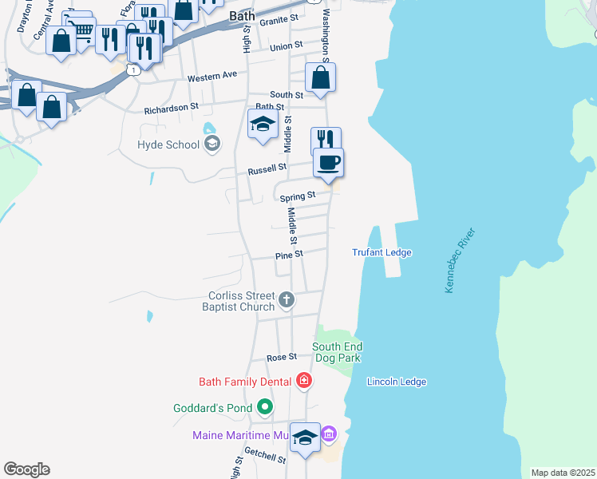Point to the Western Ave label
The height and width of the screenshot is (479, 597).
(212, 77)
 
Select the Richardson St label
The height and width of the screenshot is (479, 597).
(171, 108)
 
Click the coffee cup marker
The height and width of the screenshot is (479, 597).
(328, 163)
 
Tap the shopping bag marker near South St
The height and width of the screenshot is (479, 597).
(320, 78)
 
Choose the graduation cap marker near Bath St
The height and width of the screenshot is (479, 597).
(263, 124)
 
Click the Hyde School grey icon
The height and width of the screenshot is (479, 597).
(212, 144)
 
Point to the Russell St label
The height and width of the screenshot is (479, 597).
(267, 169)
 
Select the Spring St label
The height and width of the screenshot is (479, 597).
(296, 195)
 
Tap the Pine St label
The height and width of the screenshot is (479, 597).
(289, 255)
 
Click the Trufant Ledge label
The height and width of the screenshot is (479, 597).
(382, 252)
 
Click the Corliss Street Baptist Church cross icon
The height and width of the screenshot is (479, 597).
(287, 301)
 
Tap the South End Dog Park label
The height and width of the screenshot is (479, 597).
(337, 351)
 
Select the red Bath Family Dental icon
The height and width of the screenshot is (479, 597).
(303, 381)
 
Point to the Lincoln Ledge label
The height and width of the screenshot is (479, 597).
(396, 382)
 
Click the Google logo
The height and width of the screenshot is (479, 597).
(26, 469)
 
